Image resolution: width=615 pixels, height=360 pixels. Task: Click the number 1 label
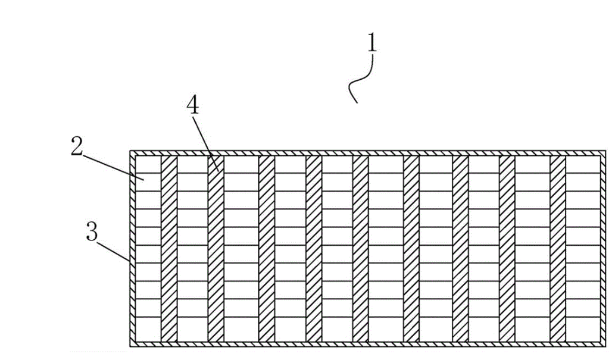pyautogui.click(x=372, y=43)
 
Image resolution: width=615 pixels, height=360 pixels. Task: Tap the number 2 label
pyautogui.click(x=77, y=146)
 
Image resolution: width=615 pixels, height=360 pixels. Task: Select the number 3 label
pyautogui.click(x=92, y=231)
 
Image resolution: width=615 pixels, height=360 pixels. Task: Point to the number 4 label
pyautogui.click(x=192, y=105)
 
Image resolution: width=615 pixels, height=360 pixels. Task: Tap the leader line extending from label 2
pyautogui.click(x=113, y=168)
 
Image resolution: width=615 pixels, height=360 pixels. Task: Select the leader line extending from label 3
pyautogui.click(x=113, y=252)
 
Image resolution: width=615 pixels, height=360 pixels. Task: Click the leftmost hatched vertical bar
pyautogui.click(x=169, y=249)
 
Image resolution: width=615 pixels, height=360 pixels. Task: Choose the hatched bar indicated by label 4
pyautogui.click(x=216, y=249)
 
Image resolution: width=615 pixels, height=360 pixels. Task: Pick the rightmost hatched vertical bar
pyautogui.click(x=558, y=249)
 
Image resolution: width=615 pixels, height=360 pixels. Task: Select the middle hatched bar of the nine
pyautogui.click(x=360, y=249)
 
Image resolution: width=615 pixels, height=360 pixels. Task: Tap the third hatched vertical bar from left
pyautogui.click(x=267, y=249)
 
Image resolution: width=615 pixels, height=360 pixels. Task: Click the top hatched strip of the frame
pyautogui.click(x=367, y=153)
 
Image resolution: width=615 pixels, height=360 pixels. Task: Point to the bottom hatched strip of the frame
pyautogui.click(x=367, y=345)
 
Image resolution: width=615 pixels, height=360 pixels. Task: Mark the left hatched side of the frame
pyautogui.click(x=133, y=249)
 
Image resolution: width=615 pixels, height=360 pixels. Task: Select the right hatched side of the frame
pyautogui.click(x=603, y=249)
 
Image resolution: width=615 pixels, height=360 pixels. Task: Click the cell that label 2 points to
pyautogui.click(x=148, y=182)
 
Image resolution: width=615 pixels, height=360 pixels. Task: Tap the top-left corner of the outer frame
pyautogui.click(x=130, y=150)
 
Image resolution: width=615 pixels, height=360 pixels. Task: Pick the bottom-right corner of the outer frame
pyautogui.click(x=605, y=347)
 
